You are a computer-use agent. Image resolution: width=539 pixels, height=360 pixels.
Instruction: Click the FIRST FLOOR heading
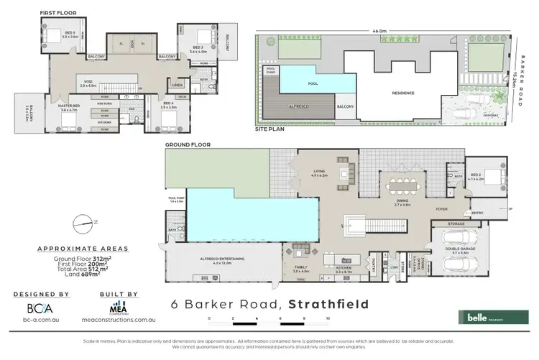click(58, 13)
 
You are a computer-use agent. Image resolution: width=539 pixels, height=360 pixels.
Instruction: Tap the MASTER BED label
click(68, 106)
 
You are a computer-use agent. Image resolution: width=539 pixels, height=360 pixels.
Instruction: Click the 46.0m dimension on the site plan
click(379, 31)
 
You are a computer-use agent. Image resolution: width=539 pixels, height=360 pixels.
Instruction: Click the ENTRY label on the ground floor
click(477, 213)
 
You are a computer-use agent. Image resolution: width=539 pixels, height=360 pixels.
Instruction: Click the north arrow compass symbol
click(83, 223)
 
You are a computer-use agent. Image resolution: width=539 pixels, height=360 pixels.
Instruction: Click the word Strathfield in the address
click(328, 304)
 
